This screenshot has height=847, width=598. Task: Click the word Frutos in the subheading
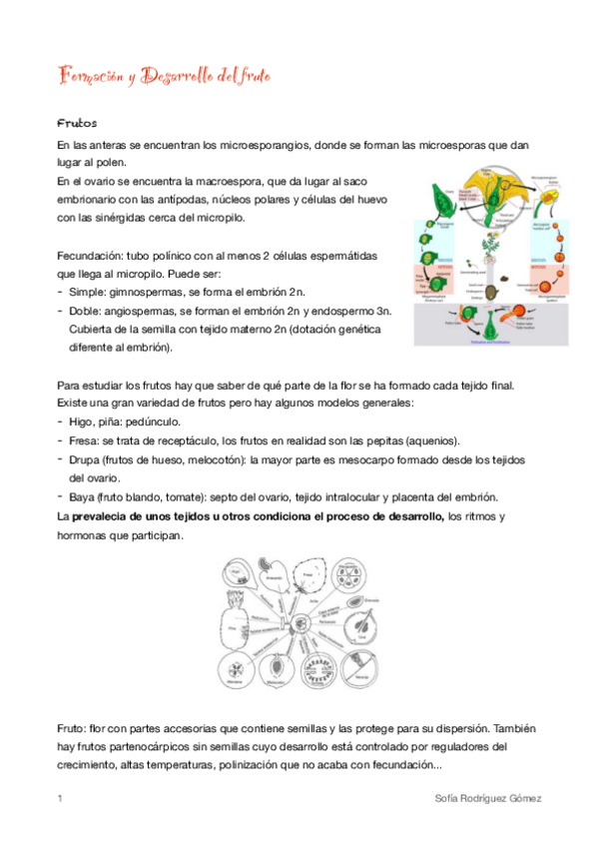click(76, 124)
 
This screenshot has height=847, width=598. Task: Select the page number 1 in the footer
click(61, 799)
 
